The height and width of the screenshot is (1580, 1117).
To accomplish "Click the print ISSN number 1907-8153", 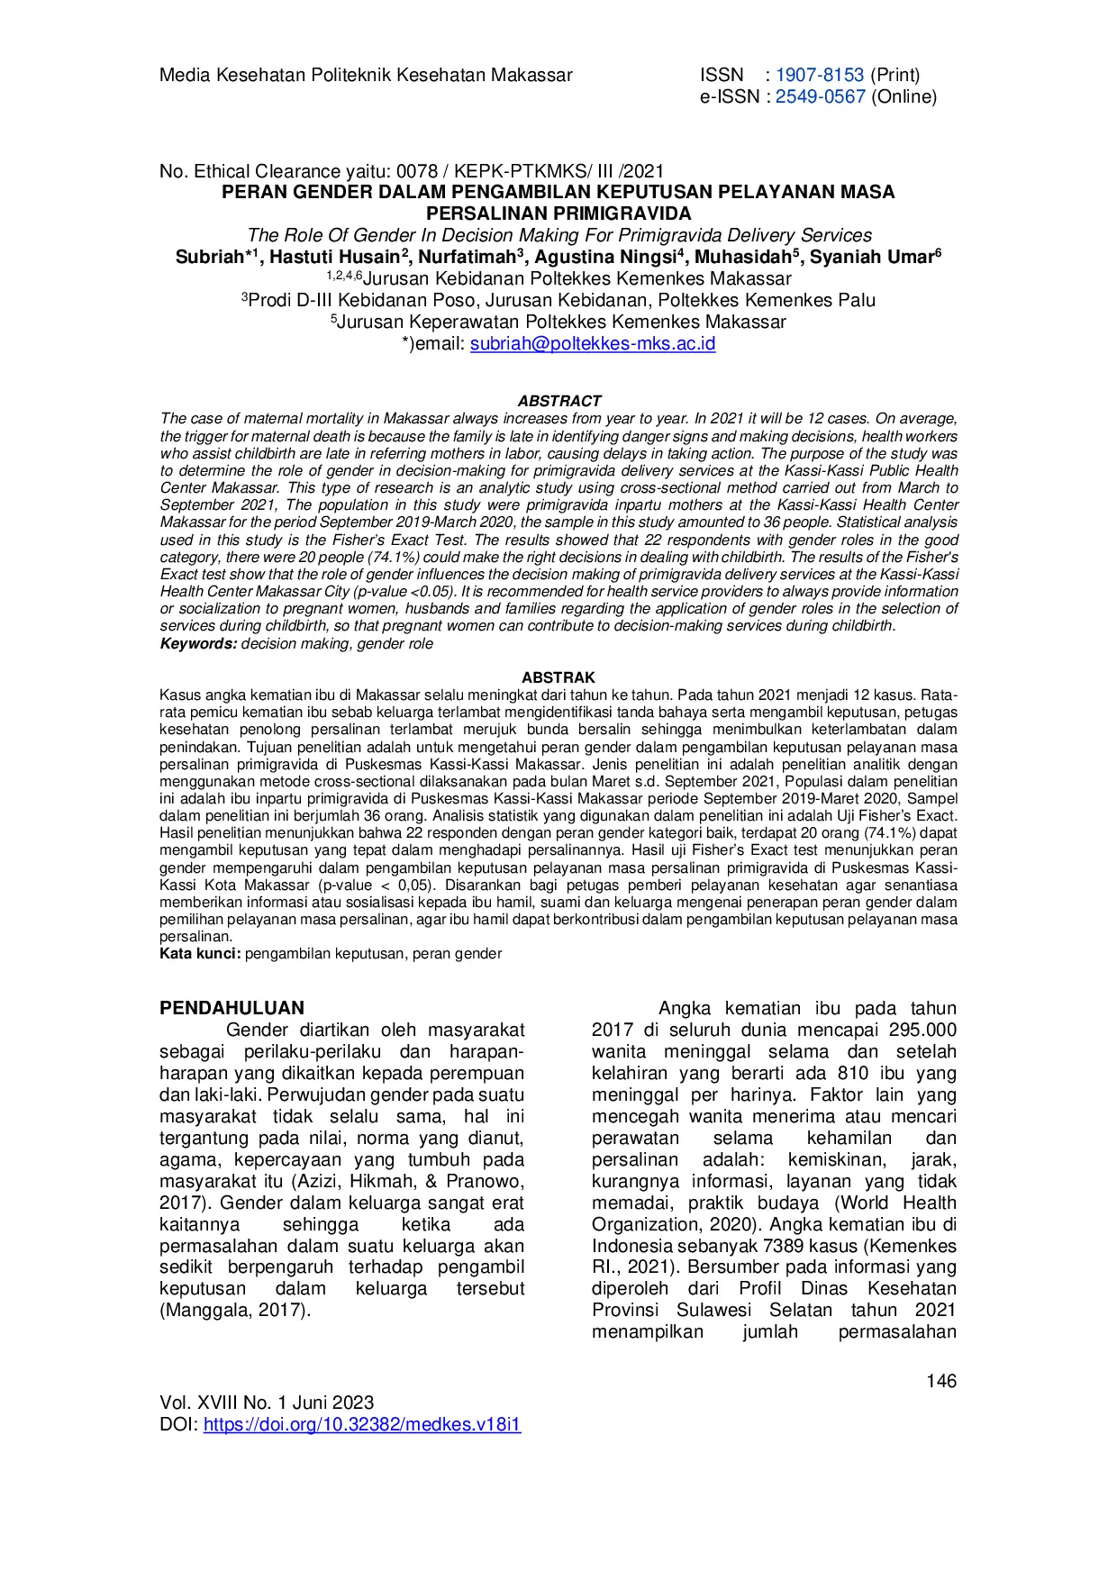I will (x=819, y=75).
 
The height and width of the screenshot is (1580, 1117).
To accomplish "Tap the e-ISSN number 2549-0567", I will (x=820, y=96).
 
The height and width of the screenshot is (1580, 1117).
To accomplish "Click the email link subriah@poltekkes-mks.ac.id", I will (x=593, y=343).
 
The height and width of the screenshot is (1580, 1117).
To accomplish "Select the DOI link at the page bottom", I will (x=362, y=1424).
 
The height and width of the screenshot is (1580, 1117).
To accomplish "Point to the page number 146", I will (x=941, y=1381).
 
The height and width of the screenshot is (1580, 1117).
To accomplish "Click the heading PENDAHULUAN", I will (x=232, y=1008).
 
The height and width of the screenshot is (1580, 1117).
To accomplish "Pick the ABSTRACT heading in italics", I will (x=558, y=401).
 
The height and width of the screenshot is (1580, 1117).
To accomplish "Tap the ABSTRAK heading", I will (x=558, y=677).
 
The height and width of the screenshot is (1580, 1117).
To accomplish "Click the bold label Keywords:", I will (x=198, y=644).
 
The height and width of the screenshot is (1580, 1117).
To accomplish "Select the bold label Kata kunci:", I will (x=200, y=954).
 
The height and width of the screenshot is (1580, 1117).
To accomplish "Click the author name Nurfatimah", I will (x=467, y=258).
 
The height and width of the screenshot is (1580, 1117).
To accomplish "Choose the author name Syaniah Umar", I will (x=871, y=258).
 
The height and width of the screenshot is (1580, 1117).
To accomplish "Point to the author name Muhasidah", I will (x=742, y=258).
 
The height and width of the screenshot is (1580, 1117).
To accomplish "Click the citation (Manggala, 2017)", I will (x=235, y=1310).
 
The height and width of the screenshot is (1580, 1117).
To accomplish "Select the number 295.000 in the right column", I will (x=922, y=1030).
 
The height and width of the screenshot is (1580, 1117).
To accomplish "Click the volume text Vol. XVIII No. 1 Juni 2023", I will (x=267, y=1403).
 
